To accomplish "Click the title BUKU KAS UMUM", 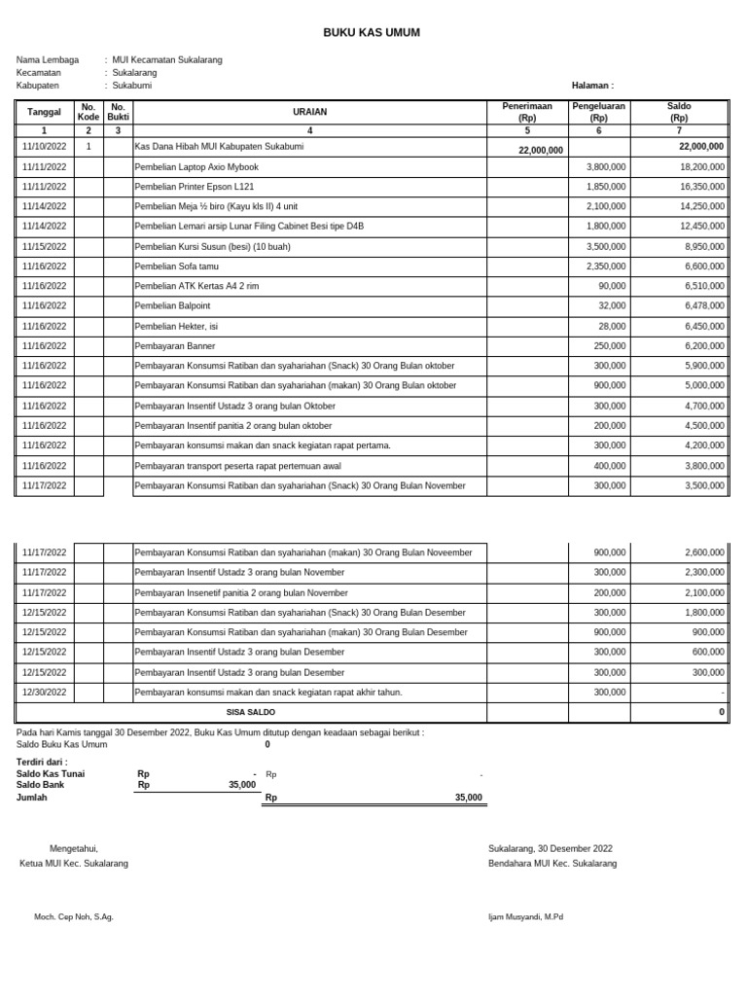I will (372, 33).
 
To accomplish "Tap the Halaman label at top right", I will (592, 86).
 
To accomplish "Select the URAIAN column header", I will (309, 112).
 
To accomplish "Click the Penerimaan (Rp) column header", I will (527, 111).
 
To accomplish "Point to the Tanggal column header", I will (44, 112).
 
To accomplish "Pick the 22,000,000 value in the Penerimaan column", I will (541, 151).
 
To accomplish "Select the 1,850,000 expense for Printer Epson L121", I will (606, 187).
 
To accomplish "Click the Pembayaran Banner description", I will (175, 346).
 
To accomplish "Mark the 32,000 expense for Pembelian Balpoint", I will (612, 306).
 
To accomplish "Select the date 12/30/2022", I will (44, 693).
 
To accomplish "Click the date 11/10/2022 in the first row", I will (44, 147).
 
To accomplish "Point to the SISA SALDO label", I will (250, 713).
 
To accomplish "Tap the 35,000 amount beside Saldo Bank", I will (242, 785).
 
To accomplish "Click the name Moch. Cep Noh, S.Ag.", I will (74, 917).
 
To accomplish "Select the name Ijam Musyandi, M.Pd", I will (525, 917).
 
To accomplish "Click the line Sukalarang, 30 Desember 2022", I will (550, 849).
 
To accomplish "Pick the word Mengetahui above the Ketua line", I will (74, 849).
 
